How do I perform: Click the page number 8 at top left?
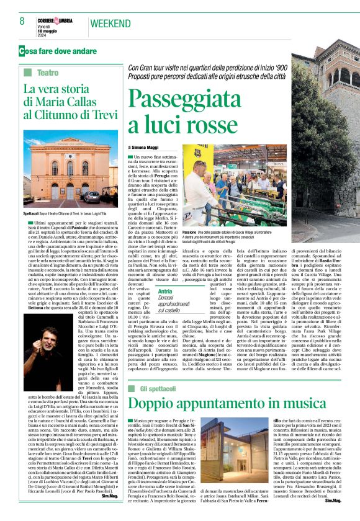tap(22, 22)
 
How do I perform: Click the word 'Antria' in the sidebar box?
tap(147, 291)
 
